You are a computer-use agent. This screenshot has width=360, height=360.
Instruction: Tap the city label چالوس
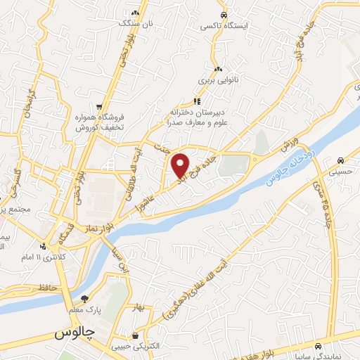(73, 334)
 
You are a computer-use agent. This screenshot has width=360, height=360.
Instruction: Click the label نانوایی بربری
(218, 80)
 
